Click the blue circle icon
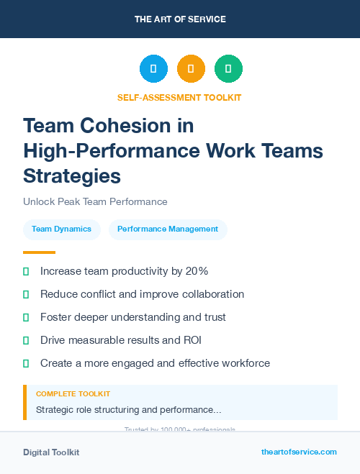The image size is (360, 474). click(153, 68)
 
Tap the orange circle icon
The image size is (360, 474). click(191, 68)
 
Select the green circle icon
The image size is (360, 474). click(228, 68)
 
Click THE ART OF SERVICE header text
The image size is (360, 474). click(180, 19)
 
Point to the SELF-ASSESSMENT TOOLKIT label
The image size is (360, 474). click(179, 97)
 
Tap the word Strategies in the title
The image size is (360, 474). click(72, 176)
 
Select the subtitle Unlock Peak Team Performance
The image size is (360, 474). click(95, 202)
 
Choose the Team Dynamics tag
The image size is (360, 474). click(61, 229)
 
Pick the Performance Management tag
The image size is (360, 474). click(168, 229)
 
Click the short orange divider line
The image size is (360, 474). click(39, 252)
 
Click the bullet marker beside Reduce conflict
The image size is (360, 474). click(26, 294)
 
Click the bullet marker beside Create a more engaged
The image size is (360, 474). click(26, 363)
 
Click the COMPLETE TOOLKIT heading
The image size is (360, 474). click(73, 394)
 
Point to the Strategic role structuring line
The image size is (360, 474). click(128, 410)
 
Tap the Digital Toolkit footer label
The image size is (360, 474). click(51, 452)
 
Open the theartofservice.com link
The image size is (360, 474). click(299, 452)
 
